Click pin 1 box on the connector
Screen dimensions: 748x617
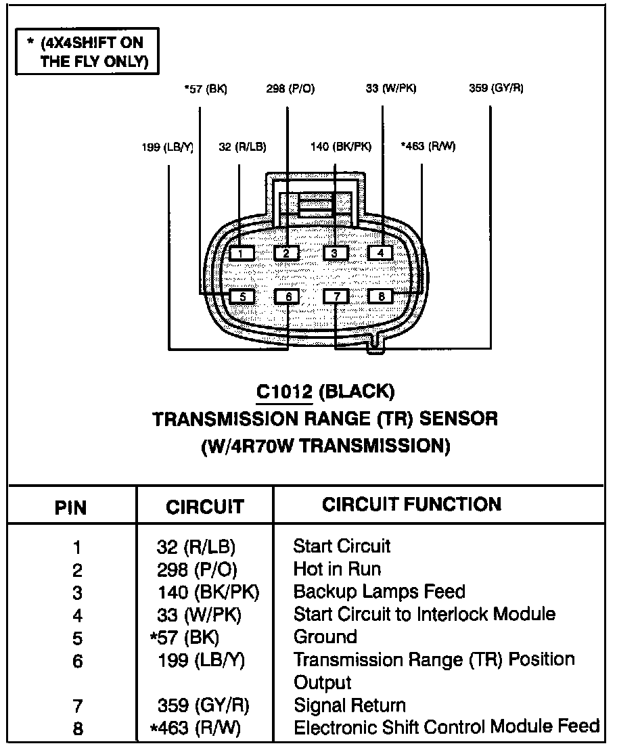click(242, 254)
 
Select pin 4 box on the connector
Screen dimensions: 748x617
click(380, 253)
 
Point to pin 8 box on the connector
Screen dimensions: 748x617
click(381, 296)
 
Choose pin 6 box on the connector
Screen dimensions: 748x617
click(288, 296)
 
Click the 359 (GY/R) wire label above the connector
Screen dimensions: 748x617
click(495, 89)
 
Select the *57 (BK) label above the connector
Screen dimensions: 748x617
click(205, 89)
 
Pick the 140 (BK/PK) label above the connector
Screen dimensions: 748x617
click(340, 147)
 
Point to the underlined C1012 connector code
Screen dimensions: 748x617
click(284, 391)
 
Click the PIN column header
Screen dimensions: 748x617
click(70, 507)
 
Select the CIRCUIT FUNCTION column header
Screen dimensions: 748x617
click(411, 504)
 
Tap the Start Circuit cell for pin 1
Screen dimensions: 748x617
click(342, 546)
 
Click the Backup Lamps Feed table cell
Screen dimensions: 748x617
click(379, 592)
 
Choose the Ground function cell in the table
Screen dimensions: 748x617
click(325, 637)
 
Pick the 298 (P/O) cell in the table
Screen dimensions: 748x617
click(197, 569)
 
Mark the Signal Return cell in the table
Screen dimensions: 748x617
click(349, 705)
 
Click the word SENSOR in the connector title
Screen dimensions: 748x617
click(459, 419)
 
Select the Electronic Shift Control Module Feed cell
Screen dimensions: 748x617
click(447, 727)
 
